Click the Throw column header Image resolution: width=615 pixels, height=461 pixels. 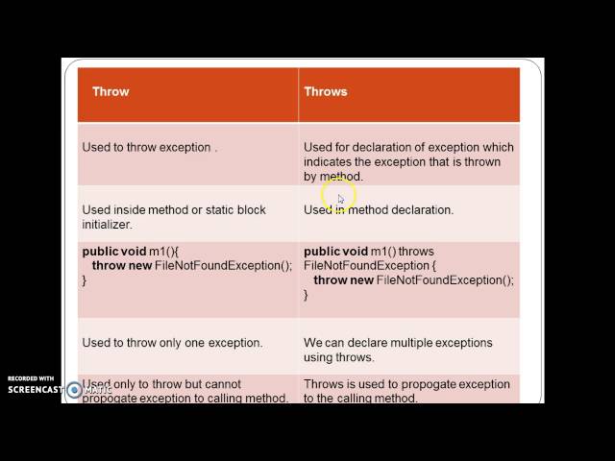[x=111, y=92]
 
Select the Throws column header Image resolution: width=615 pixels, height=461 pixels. [x=326, y=92]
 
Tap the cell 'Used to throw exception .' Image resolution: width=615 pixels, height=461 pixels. [x=150, y=148]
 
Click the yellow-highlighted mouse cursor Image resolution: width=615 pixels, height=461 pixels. [x=340, y=199]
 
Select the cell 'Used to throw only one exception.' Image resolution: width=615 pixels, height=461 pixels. [x=172, y=343]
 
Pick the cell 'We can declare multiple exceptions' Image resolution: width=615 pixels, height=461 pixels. [x=398, y=343]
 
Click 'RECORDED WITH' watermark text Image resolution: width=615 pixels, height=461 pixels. [x=31, y=378]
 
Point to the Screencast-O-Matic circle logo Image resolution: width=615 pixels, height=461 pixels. [x=74, y=390]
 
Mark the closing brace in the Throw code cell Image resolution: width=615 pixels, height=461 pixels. [x=85, y=279]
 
